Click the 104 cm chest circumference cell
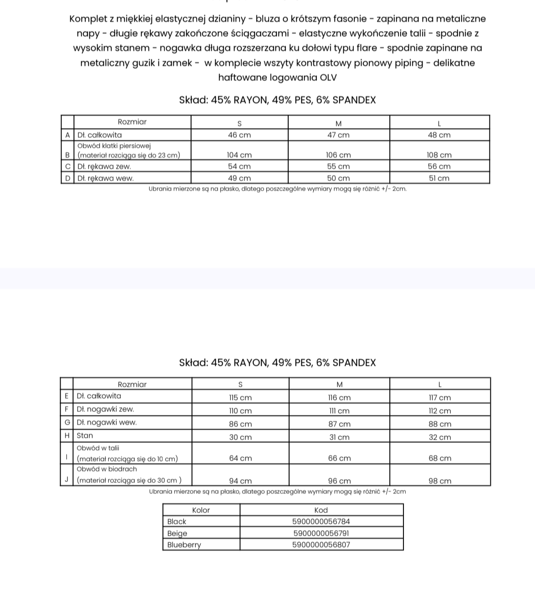pos(239,155)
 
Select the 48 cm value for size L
pos(439,135)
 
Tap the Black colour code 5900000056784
pos(321,522)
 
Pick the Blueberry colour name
pos(184,545)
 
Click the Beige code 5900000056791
pos(321,533)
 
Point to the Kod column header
pos(321,510)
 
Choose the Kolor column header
pos(201,510)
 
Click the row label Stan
pos(85,436)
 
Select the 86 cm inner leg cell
pos(240,424)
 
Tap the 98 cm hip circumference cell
pos(440,481)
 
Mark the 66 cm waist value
pos(339,459)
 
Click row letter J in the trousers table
pos(67,480)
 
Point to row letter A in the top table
pos(67,135)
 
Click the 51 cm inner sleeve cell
pos(439,179)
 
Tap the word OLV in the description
pos(328,77)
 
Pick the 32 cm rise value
pos(440,438)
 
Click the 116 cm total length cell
pos(339,398)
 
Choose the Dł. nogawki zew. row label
pos(105,409)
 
